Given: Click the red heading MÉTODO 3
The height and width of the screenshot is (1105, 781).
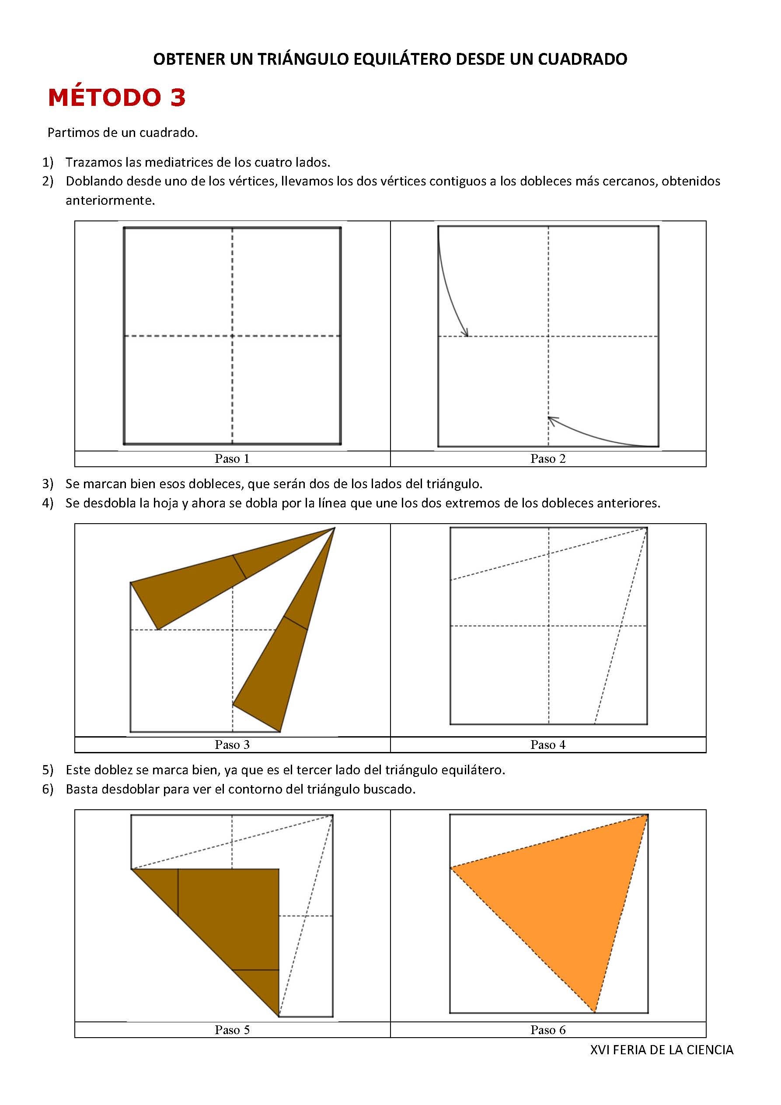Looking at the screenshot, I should tap(116, 98).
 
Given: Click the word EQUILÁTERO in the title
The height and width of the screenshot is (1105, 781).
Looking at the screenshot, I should tap(403, 59).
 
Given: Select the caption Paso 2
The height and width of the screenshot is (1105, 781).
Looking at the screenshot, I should tap(547, 458).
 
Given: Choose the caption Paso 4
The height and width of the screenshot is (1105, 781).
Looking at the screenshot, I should tap(547, 745).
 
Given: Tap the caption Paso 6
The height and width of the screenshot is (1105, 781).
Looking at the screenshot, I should tap(547, 1029).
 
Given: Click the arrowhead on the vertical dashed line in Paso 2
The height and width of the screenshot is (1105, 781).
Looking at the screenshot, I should tap(551, 420).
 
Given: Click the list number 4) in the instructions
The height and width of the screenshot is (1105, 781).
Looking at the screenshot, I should tap(48, 503).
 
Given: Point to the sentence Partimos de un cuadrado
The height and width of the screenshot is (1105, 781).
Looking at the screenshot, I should tap(123, 133).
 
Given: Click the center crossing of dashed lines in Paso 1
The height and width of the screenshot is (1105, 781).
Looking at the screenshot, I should tap(233, 336).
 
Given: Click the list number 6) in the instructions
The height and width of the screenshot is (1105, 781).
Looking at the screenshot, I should tap(48, 789).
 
